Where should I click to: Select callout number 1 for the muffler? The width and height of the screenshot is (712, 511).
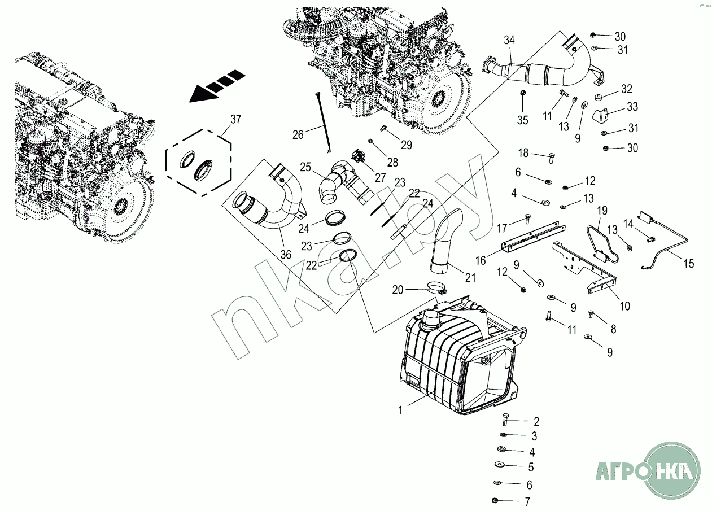pos(400,410)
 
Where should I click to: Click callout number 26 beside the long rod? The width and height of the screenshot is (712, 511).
pos(298,134)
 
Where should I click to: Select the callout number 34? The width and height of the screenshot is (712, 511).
pos(509,40)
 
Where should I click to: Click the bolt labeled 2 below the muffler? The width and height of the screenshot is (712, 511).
pos(505,420)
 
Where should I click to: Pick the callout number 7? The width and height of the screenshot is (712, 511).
pos(527,501)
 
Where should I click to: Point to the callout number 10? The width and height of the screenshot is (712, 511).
pos(624,307)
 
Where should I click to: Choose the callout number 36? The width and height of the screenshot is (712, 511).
pos(286,255)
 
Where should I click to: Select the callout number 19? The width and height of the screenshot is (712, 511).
pos(602,211)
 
